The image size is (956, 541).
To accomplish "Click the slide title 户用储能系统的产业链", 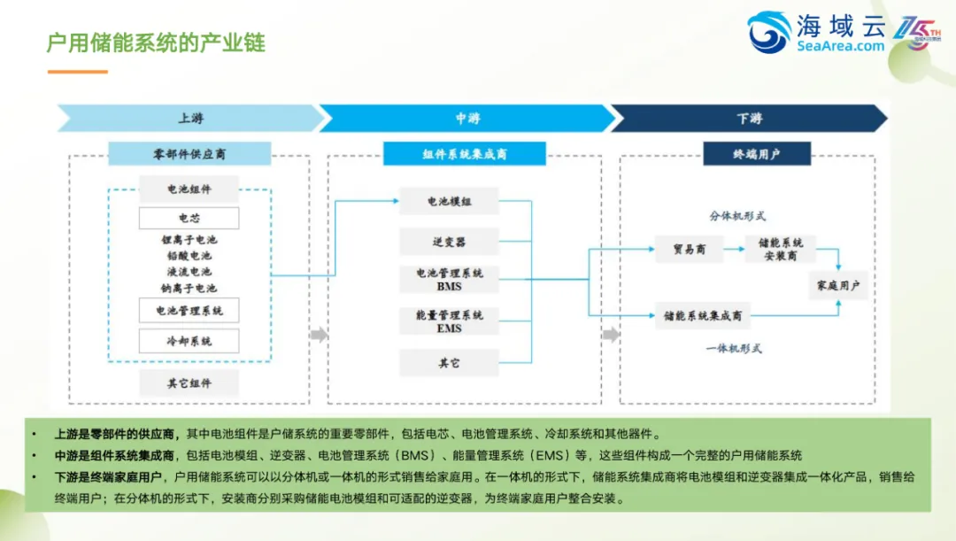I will point(156,43).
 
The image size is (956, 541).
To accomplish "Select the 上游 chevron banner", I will point(189,119).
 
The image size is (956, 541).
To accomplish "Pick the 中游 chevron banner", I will point(466,119).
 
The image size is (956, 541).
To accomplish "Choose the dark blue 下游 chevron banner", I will point(748,119).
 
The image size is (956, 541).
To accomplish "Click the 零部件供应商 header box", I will point(189,154).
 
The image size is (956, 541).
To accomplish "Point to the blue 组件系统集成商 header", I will point(465,154).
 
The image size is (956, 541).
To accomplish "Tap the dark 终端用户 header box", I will point(757,154).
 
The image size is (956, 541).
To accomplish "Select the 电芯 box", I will point(189,218).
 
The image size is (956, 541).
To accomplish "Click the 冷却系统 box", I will point(189,341).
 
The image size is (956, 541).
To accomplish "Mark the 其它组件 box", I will point(189,383).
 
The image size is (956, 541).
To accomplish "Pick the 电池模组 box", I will point(449,202).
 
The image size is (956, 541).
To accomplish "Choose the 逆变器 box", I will point(449,241).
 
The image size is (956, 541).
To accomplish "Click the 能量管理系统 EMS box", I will point(449,321).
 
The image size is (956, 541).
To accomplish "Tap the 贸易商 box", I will point(689,250).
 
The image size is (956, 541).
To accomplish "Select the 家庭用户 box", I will point(838,285).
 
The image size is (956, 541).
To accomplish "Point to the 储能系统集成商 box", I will point(703,315).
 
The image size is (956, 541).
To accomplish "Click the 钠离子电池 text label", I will point(189,289).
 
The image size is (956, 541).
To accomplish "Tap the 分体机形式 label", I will point(737,216).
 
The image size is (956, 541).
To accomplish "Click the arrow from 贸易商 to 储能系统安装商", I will point(734,250).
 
